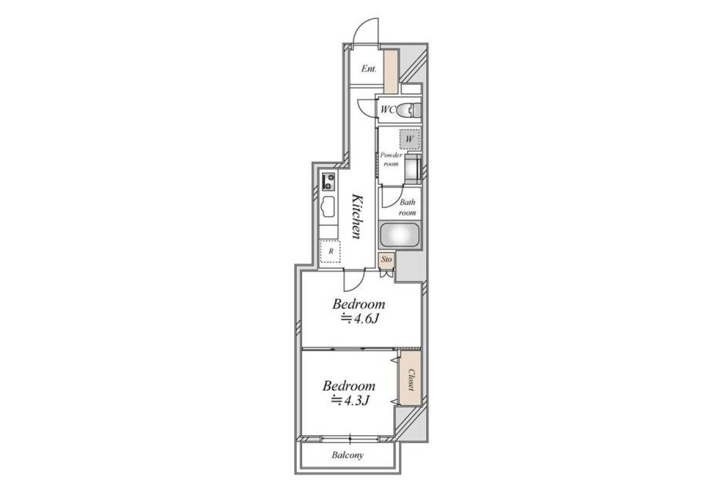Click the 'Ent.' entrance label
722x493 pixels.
369,69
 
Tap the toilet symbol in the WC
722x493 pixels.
409,111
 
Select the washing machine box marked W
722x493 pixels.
410,139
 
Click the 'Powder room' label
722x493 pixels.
391,159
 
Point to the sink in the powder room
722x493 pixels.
413,169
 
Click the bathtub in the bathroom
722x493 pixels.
400,234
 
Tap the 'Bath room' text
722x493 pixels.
407,207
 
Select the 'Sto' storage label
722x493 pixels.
386,259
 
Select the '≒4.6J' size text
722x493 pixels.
359,319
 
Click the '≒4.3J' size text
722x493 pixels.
350,400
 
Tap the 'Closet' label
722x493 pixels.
411,380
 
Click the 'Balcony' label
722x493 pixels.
348,455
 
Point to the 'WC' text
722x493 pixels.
387,110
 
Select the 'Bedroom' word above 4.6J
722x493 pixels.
359,304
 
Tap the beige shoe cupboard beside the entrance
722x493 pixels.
391,71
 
